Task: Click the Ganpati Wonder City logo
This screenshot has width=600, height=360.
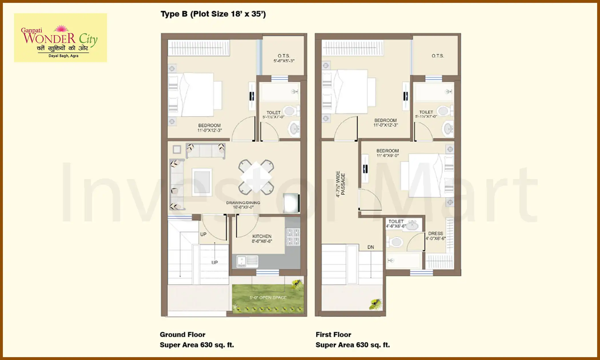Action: (60, 38)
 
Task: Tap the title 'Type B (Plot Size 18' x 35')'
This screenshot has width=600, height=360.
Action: (213, 14)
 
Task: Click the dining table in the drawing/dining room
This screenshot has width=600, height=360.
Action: (256, 177)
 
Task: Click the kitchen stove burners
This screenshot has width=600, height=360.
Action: (293, 237)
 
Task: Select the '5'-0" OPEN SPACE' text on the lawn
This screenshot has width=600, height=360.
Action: (268, 298)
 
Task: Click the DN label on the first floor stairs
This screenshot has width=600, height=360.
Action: (371, 247)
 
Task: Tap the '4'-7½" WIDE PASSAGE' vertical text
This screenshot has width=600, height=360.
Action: (340, 184)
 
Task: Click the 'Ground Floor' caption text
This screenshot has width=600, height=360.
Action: (182, 335)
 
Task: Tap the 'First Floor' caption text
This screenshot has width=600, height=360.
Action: (333, 335)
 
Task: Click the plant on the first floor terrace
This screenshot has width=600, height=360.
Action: (375, 304)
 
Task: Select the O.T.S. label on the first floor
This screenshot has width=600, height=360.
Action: (438, 56)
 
